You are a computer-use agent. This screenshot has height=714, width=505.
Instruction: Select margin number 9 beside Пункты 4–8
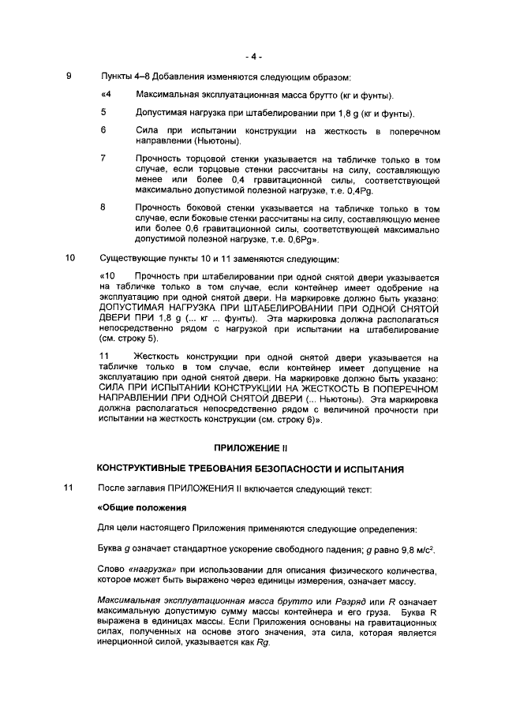coord(69,77)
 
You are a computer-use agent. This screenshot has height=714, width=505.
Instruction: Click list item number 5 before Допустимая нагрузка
coord(103,112)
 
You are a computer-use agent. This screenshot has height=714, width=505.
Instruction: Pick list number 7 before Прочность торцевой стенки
coord(103,158)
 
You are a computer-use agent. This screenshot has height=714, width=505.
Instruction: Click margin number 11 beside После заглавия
coord(70,488)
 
